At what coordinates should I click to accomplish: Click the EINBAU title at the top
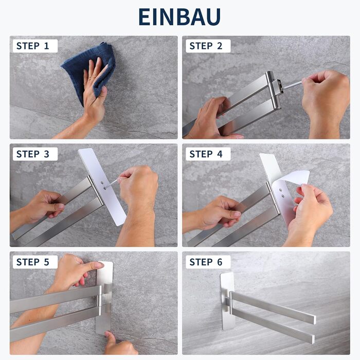(x=179, y=17)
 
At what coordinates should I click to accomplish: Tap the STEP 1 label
(x=32, y=46)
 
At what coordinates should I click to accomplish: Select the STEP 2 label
(x=206, y=46)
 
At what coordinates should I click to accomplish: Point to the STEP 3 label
(x=32, y=154)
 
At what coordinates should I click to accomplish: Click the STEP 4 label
(x=206, y=154)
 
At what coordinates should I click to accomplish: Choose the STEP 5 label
(x=32, y=262)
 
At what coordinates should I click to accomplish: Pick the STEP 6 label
(x=206, y=262)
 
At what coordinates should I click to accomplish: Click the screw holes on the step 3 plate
(x=103, y=186)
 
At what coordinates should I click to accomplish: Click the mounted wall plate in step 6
(x=227, y=301)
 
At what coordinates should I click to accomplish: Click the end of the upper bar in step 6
(x=314, y=320)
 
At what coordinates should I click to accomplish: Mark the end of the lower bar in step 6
(x=312, y=339)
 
